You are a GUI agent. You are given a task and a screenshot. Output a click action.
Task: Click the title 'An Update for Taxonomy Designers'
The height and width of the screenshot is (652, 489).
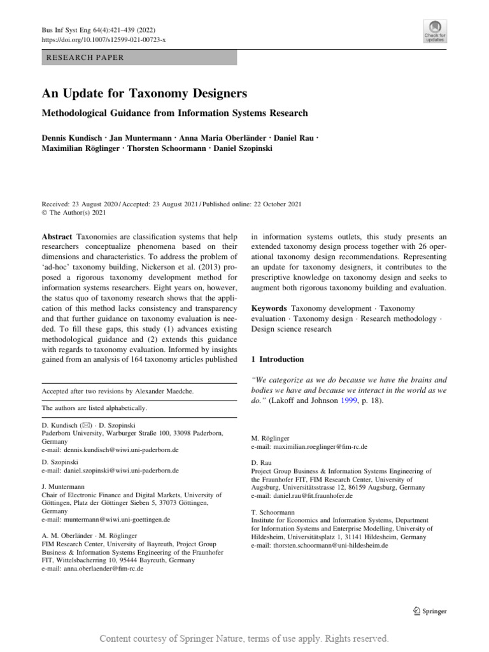[x=144, y=94]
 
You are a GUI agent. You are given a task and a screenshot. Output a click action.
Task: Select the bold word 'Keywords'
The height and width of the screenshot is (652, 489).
[x=269, y=308]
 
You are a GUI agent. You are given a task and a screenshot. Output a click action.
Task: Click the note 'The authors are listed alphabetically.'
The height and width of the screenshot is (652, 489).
[x=94, y=407]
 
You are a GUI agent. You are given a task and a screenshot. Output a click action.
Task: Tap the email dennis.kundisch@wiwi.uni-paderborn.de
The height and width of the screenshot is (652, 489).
[x=110, y=450]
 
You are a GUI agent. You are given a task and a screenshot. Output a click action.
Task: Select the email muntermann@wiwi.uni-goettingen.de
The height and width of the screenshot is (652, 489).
[x=106, y=520]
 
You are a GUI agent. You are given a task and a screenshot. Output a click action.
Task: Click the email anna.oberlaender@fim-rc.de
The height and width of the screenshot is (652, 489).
[x=92, y=569]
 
